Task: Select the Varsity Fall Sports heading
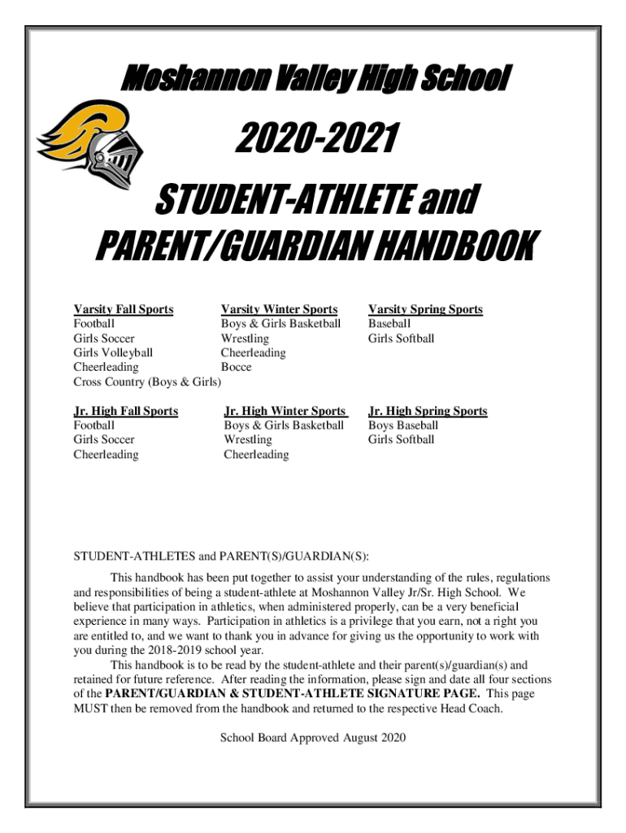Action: coord(124,309)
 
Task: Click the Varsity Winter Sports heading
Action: coord(279,309)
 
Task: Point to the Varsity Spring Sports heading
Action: coord(425,309)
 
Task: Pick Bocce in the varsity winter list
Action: coord(236,367)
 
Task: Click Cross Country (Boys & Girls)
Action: coord(147,382)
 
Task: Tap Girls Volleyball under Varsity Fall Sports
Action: coord(113,353)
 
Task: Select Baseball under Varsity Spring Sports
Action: coord(389,324)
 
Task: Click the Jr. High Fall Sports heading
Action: coord(126,411)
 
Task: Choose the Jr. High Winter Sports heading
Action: coord(285,411)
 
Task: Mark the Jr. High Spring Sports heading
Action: coord(428,411)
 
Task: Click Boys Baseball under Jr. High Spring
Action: coord(402,425)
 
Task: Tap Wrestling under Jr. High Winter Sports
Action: coord(248,440)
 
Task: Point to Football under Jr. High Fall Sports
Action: coord(94,425)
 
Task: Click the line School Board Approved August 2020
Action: coord(313,738)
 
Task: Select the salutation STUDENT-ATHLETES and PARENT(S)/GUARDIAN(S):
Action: coord(221,556)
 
